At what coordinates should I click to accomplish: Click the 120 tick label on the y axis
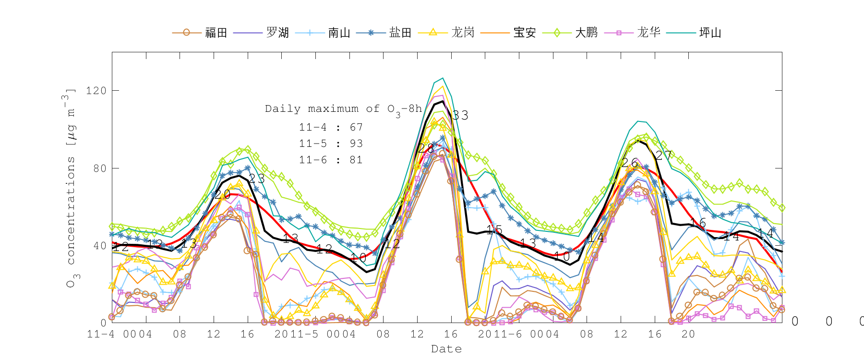(96, 91)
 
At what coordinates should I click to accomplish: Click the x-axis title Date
(446, 349)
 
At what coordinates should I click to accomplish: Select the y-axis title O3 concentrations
(70, 187)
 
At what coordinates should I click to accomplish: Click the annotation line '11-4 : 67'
(331, 127)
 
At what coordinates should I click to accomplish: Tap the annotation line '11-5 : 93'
(331, 144)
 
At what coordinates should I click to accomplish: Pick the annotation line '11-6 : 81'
(331, 160)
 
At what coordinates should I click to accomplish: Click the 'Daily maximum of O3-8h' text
(343, 109)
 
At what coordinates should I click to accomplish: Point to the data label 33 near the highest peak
(460, 115)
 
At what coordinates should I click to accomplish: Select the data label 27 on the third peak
(664, 156)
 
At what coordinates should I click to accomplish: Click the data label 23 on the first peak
(257, 179)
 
